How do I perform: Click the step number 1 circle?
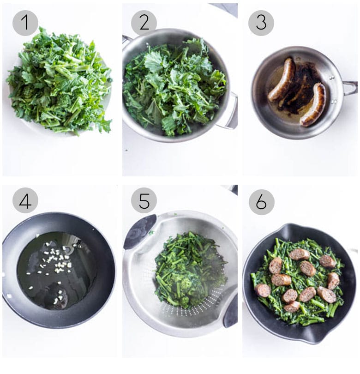click(x=25, y=23)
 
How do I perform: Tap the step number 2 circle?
click(x=144, y=23)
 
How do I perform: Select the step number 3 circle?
click(x=261, y=23)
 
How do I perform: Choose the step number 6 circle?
click(x=261, y=202)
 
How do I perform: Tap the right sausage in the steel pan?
click(x=314, y=104)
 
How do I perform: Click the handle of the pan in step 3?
click(x=350, y=88)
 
